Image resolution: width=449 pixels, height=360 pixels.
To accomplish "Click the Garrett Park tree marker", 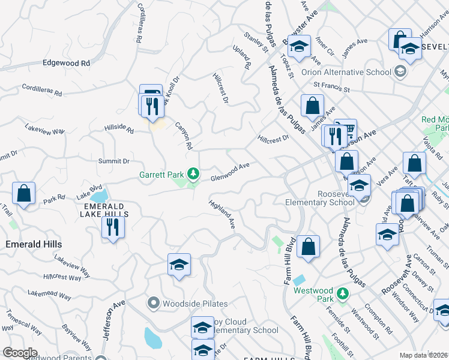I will [x=193, y=175].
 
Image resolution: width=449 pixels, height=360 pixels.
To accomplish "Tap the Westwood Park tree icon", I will [x=342, y=293].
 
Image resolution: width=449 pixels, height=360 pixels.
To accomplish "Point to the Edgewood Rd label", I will [x=66, y=62].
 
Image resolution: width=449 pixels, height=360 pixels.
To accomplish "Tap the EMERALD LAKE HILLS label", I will [x=105, y=209].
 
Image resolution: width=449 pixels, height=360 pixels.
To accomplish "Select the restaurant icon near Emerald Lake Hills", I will [x=112, y=227].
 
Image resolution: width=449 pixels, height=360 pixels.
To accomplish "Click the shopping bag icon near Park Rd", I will [x=23, y=194].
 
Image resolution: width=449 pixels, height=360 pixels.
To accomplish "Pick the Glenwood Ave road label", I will [x=230, y=172].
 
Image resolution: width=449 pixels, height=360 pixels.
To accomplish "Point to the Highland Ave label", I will [x=222, y=214].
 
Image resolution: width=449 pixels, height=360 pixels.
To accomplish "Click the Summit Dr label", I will [x=114, y=161].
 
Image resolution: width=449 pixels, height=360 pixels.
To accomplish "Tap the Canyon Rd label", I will [x=184, y=136].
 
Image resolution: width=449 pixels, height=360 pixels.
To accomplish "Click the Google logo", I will [x=20, y=353].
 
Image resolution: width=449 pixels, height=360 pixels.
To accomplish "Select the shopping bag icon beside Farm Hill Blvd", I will [x=308, y=247].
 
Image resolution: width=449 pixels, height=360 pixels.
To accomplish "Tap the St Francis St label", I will [x=330, y=88].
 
